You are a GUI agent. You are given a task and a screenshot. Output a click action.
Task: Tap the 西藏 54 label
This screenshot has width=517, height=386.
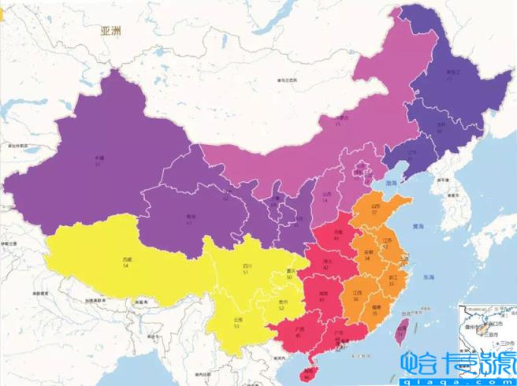(126, 262)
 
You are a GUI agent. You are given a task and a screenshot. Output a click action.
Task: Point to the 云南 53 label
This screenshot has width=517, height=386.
(236, 322)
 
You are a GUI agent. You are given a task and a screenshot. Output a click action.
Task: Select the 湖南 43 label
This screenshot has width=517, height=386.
(323, 297)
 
